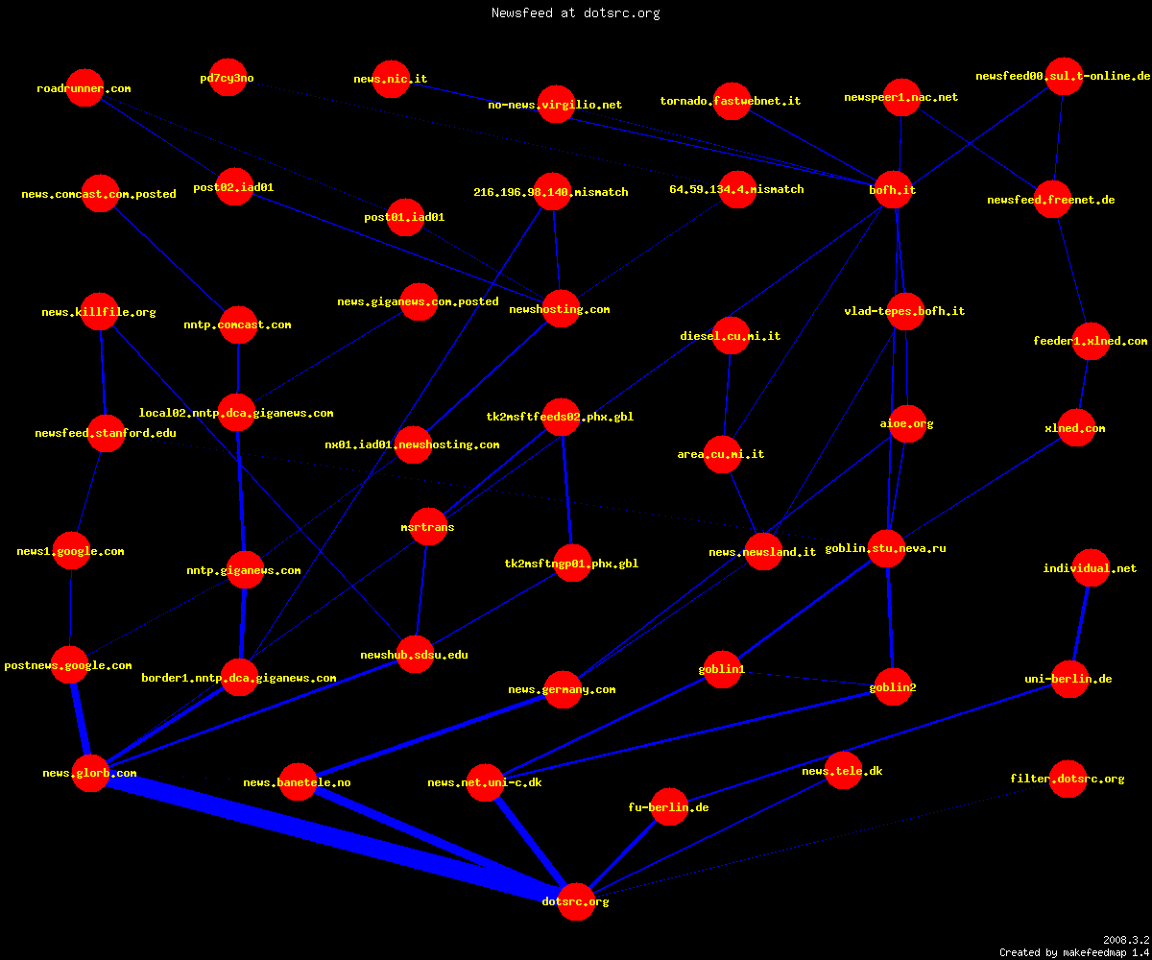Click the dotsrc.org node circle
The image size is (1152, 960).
pyautogui.click(x=576, y=901)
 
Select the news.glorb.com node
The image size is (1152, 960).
pyautogui.click(x=90, y=773)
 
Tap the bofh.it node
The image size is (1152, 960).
pyautogui.click(x=893, y=190)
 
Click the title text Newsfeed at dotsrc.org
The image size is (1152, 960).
pyautogui.click(x=575, y=12)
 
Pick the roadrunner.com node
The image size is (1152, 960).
pyautogui.click(x=84, y=88)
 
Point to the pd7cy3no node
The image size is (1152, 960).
pyautogui.click(x=228, y=77)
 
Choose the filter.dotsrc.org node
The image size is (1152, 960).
pyautogui.click(x=1068, y=779)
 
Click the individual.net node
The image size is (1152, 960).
pyautogui.click(x=1091, y=567)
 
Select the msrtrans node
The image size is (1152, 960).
pyautogui.click(x=428, y=526)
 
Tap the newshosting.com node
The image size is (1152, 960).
pyautogui.click(x=561, y=309)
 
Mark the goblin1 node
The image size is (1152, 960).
pyautogui.click(x=722, y=669)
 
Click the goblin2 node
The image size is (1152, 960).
pyautogui.click(x=893, y=687)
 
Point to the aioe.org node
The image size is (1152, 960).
pyautogui.click(x=907, y=423)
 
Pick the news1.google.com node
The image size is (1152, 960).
pyautogui.click(x=71, y=551)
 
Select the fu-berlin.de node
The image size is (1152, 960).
pyautogui.click(x=669, y=806)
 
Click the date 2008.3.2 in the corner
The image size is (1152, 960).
pyautogui.click(x=1126, y=940)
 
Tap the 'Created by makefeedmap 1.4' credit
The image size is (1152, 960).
pyautogui.click(x=1074, y=952)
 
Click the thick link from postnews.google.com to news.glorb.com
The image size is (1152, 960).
pyautogui.click(x=80, y=718)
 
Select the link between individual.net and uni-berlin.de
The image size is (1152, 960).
pyautogui.click(x=1080, y=623)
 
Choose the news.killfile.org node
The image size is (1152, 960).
pyautogui.click(x=99, y=312)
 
